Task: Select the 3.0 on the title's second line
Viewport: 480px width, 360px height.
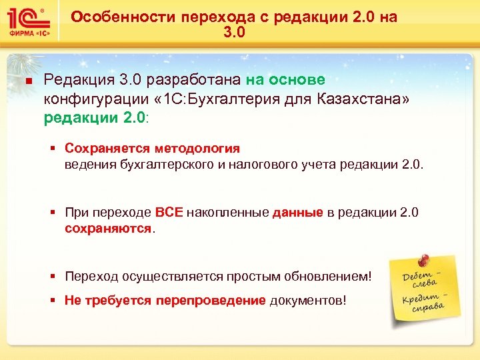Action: tap(234, 32)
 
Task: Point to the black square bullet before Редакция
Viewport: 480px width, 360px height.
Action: tap(28, 81)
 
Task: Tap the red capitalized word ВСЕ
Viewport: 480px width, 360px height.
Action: tap(169, 213)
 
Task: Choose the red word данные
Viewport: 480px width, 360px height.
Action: tap(297, 213)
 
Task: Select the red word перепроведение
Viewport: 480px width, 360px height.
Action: tap(211, 300)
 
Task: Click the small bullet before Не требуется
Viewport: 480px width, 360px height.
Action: tap(54, 301)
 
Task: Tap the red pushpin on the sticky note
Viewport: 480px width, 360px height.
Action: tap(421, 260)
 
